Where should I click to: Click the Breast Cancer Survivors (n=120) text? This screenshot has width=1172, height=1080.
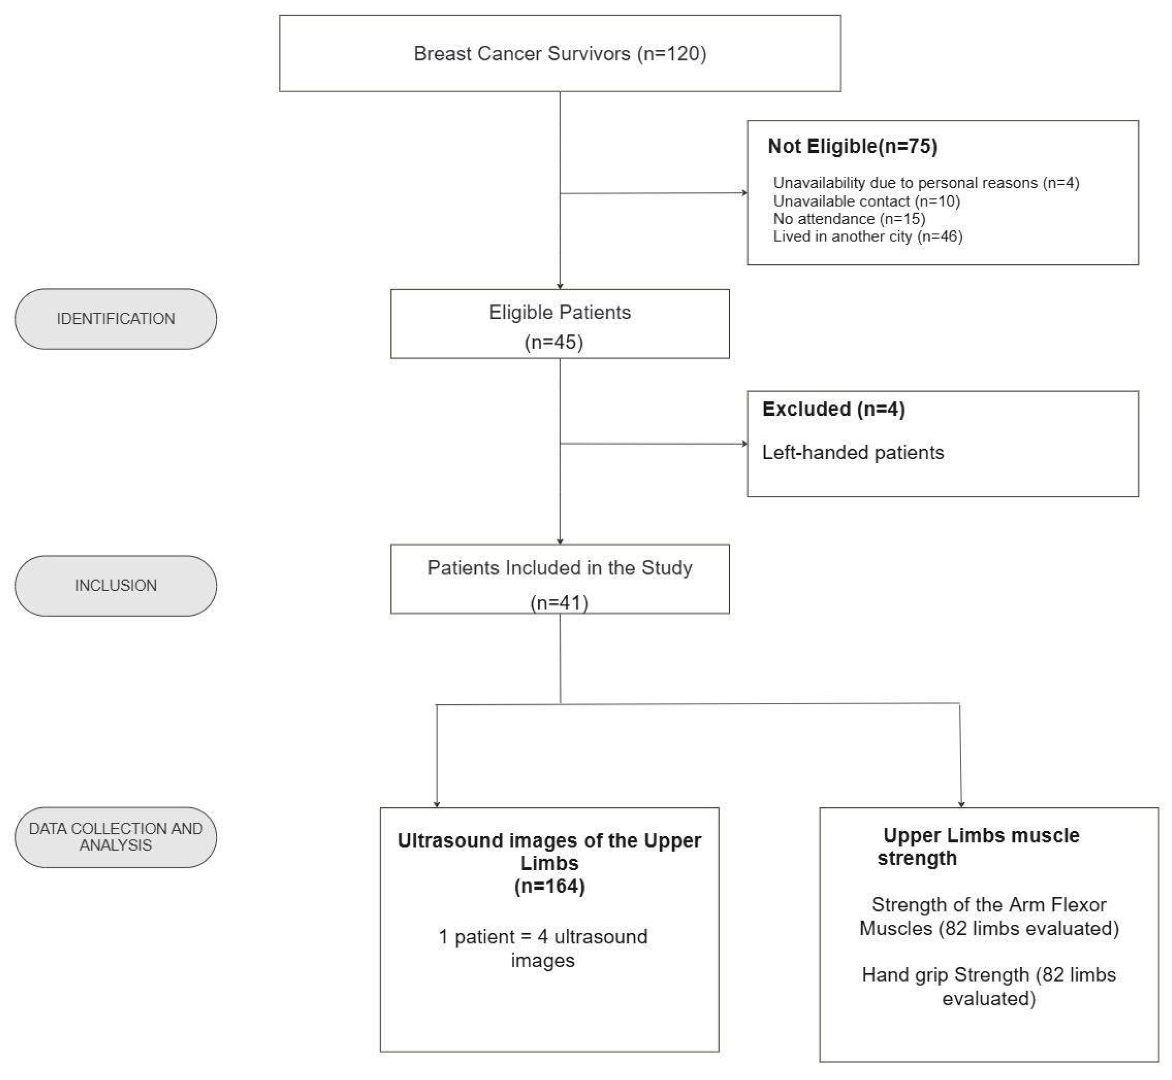[x=559, y=54]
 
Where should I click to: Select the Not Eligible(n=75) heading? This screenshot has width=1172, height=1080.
[x=852, y=146]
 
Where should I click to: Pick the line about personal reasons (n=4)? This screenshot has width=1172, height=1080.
[x=925, y=183]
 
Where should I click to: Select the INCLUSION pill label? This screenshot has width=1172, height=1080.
[x=116, y=585]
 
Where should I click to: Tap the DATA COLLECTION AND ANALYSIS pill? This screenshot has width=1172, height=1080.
[x=116, y=836]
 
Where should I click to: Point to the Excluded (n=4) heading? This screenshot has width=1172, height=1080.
[x=833, y=409]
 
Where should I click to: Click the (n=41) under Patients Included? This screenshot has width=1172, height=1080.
[x=559, y=603]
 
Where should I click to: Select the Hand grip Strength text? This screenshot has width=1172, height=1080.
[x=988, y=986]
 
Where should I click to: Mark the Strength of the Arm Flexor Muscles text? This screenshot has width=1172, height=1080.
[x=988, y=916]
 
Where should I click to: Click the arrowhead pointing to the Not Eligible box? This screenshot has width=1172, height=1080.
[x=744, y=193]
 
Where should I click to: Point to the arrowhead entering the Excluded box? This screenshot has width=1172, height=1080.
[x=744, y=444]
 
